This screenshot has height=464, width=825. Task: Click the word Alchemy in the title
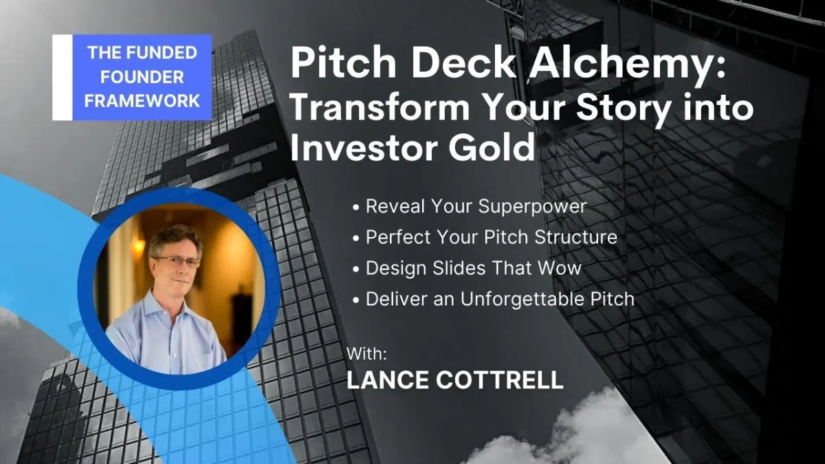coord(627,65)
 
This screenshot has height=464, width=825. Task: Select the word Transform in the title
coord(380,107)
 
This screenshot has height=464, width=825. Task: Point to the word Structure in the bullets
coord(575,237)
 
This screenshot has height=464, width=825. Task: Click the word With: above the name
coord(367,354)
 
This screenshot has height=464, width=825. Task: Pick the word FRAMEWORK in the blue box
coord(142,101)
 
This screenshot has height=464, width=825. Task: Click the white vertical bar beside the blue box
coord(63,77)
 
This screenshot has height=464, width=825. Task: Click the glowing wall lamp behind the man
coord(138,246)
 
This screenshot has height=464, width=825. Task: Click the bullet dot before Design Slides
coord(356,269)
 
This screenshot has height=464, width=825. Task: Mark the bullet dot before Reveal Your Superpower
coord(356,208)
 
